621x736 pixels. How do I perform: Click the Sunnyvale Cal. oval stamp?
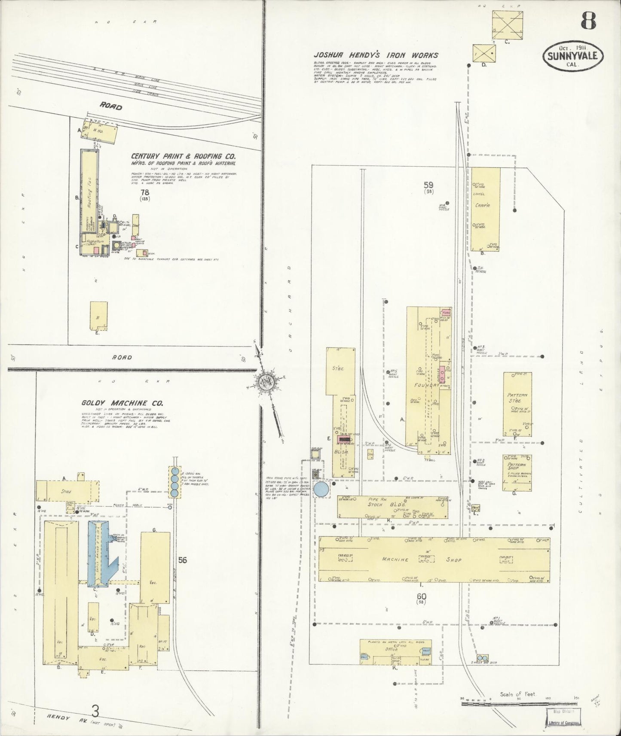click(573, 56)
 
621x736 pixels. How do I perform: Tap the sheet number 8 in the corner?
click(588, 20)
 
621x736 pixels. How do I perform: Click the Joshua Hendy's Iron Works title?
click(376, 55)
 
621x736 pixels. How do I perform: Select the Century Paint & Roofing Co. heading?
click(183, 156)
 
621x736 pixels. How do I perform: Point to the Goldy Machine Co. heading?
click(122, 403)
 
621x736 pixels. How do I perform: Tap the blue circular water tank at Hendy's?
click(321, 489)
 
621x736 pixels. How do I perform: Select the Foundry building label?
click(427, 385)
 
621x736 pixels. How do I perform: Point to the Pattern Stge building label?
click(517, 398)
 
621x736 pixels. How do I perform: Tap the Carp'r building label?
click(480, 205)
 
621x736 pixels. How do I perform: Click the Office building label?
click(392, 650)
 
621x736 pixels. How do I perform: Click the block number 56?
click(183, 560)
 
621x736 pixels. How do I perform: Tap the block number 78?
click(144, 192)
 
